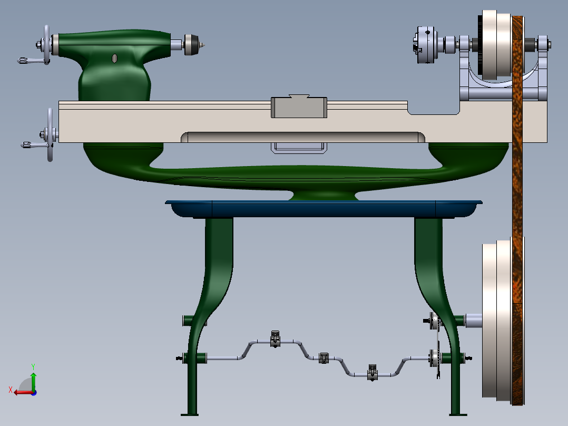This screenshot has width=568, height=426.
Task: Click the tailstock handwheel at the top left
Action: (47, 45)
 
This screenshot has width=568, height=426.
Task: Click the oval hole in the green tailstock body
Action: (114, 58)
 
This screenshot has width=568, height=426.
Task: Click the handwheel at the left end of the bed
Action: (50, 135)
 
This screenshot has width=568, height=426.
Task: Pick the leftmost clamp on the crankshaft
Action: (275, 339)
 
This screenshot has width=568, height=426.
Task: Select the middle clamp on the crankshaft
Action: (324, 357)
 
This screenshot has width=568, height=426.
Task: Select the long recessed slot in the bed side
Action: (303, 137)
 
